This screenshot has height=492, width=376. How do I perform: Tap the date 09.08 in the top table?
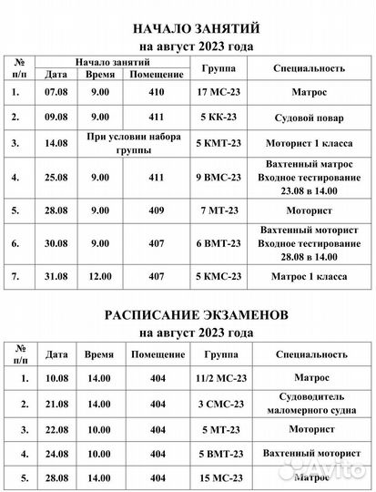56,117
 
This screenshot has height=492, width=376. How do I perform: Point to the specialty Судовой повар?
308,118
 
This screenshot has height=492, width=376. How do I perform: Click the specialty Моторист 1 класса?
308,143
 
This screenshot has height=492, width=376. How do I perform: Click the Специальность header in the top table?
308,69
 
